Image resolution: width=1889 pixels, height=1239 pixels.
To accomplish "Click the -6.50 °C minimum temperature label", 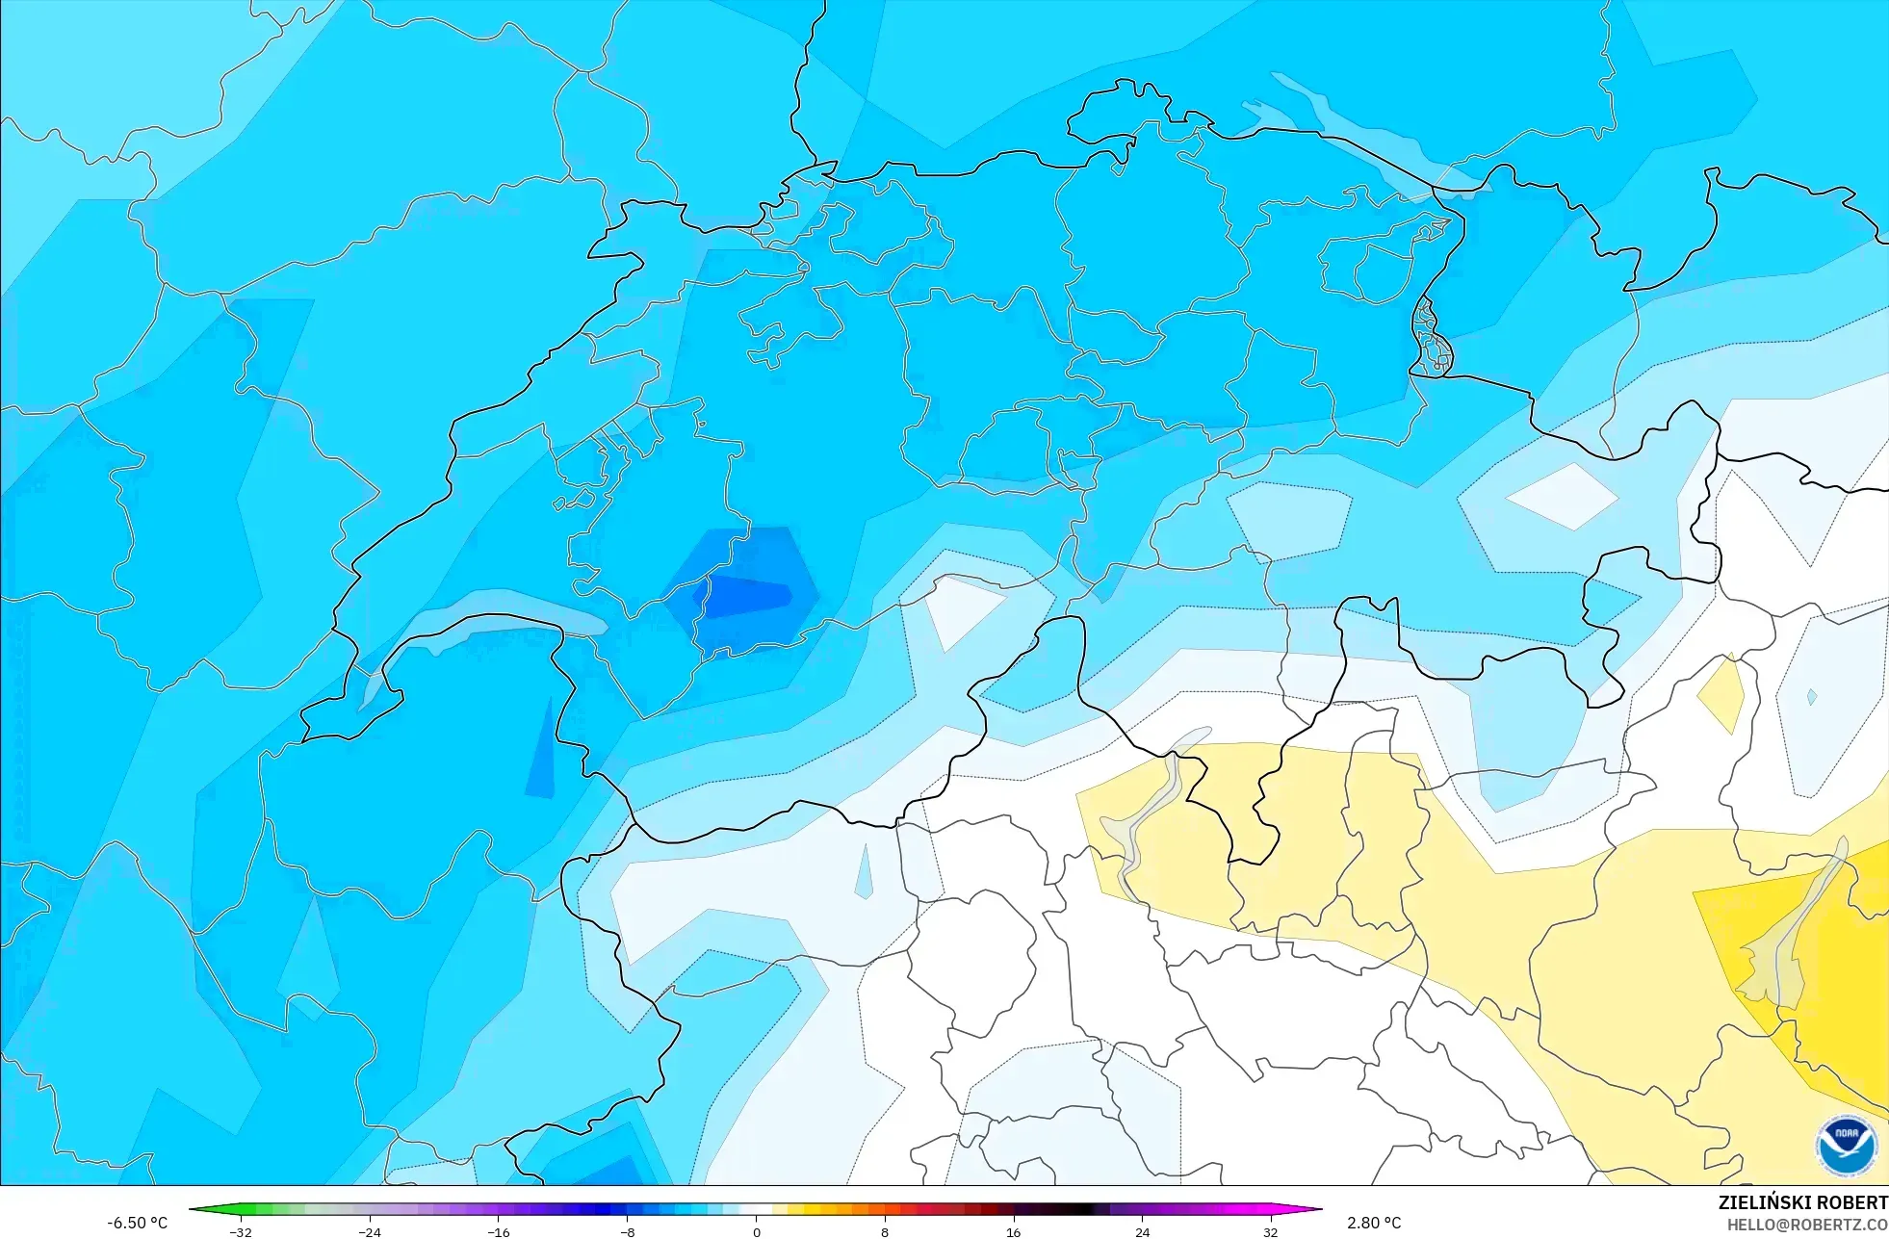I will point(137,1223).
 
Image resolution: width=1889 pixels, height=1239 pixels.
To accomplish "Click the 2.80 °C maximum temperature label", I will point(1374,1223).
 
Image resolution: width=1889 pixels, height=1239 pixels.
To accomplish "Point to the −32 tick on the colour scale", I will point(241,1232).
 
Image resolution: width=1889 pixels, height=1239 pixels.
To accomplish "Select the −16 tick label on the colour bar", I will point(498,1232).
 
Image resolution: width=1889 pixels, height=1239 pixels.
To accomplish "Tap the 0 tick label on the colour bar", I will point(756,1232).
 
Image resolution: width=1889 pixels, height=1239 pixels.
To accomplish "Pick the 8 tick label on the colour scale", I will point(885,1232).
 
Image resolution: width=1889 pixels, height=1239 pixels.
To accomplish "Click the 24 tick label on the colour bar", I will point(1142,1232).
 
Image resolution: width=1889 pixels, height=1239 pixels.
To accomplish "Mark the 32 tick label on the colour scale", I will point(1271,1232).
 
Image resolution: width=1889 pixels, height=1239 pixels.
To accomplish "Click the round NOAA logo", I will point(1846,1146).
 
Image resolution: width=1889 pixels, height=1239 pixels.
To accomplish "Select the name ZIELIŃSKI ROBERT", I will point(1802,1202).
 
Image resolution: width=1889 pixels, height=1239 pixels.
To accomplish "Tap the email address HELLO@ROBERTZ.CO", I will point(1807,1225).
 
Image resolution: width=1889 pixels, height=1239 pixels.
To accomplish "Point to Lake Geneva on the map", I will point(481,626).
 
